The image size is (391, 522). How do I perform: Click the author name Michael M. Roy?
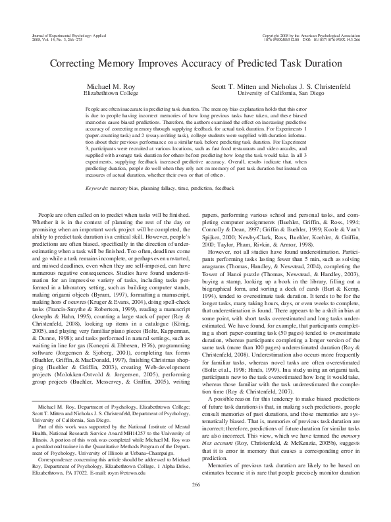(110, 87)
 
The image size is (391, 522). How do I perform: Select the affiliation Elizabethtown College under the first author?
(110, 94)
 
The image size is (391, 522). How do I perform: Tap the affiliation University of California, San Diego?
(280, 94)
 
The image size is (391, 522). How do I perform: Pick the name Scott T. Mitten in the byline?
(232, 87)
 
